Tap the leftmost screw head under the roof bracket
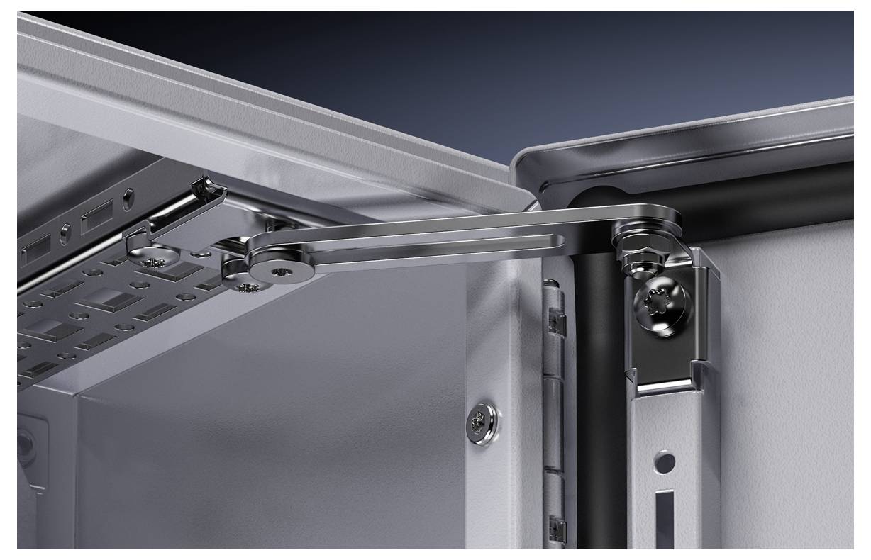click(151, 257)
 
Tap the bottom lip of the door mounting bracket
click(663, 386)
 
